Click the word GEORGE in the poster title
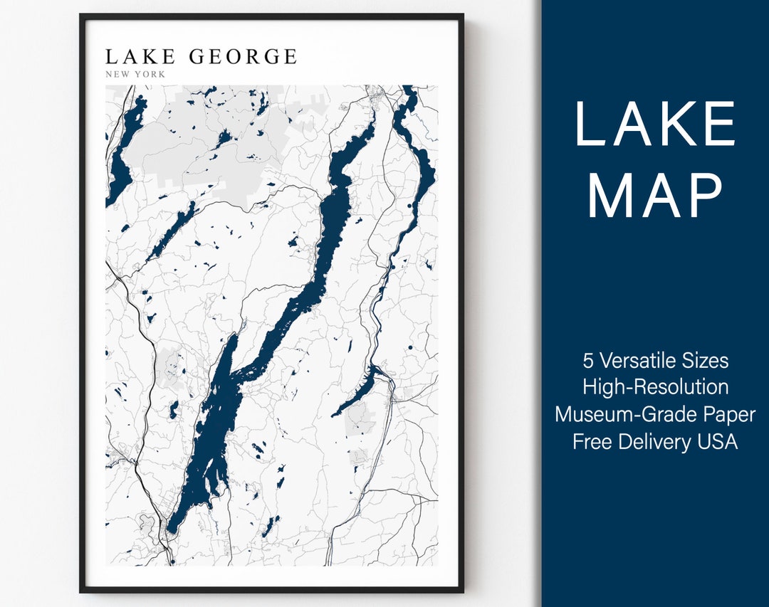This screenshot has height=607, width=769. point(243,57)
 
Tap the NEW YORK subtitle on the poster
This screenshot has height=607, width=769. point(135,74)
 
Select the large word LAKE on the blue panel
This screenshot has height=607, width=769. point(655,124)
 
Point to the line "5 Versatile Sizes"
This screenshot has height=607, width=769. point(655,360)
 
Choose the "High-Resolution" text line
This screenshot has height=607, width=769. point(655,387)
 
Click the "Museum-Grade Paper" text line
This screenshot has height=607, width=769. point(655,414)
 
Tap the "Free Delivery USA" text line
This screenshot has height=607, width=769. point(655,441)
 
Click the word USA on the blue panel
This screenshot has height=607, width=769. point(716,441)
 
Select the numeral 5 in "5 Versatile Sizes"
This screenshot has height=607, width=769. point(588,360)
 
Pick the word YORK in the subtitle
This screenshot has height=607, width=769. point(152,74)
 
